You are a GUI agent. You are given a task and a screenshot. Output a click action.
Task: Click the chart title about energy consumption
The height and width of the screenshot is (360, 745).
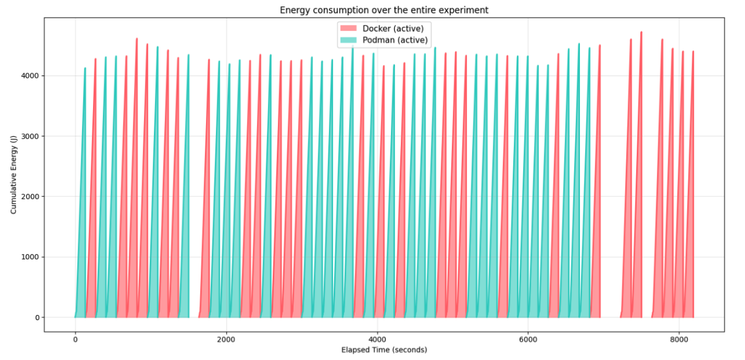click(384, 10)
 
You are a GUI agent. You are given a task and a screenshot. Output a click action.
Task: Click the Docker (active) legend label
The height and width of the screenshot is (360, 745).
click(393, 29)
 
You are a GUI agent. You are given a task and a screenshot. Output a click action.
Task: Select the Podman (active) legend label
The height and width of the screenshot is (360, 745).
click(395, 40)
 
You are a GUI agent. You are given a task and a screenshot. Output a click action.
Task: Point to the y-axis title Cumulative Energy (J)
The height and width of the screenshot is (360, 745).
click(13, 175)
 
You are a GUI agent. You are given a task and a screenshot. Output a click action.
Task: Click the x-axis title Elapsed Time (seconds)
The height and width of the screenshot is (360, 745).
click(384, 350)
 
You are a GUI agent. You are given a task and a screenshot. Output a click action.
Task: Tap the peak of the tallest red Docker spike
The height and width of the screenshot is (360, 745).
click(641, 32)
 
